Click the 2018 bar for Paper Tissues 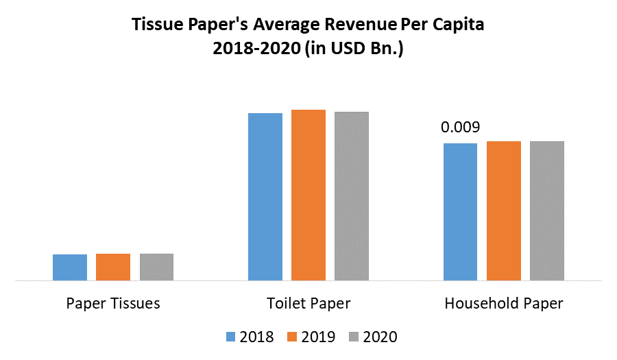[70, 267]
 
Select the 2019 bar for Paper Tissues [113, 267]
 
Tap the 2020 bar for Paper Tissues [157, 267]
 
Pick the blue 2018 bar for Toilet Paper [265, 197]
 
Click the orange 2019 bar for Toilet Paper [308, 195]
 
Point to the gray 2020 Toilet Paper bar [352, 196]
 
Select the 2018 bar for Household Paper [461, 212]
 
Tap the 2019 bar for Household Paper [504, 211]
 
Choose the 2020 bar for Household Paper [547, 211]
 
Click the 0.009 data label [460, 128]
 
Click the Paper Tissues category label [113, 303]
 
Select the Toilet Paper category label [308, 303]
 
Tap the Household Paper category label [504, 303]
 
